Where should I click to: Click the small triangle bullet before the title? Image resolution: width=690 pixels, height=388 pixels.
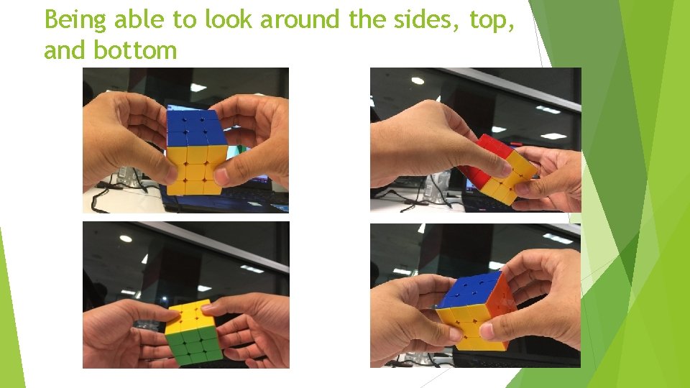point(32,19)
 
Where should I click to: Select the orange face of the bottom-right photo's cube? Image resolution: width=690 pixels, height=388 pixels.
point(499,302)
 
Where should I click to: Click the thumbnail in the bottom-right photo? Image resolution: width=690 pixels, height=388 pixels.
point(488,331)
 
